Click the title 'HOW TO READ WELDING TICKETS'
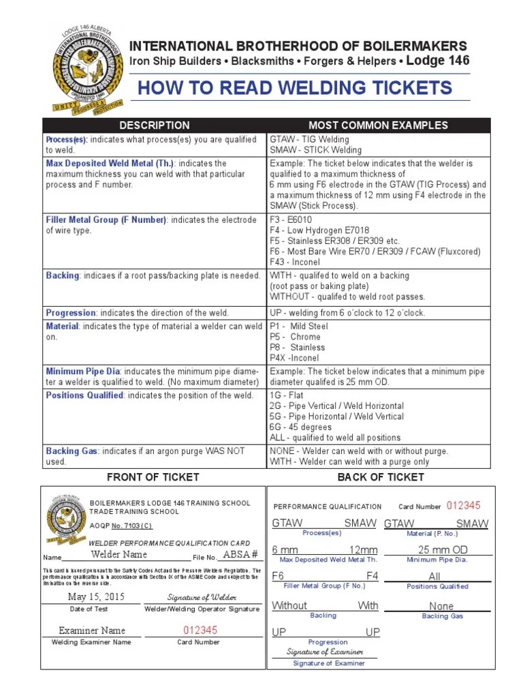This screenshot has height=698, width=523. tap(295, 88)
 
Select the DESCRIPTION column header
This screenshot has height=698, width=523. tap(155, 125)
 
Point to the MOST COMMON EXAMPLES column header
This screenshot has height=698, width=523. tap(378, 125)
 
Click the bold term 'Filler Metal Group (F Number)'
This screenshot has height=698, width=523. tap(106, 220)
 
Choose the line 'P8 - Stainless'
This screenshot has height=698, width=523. tap(298, 348)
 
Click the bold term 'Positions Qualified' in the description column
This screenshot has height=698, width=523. tap(84, 395)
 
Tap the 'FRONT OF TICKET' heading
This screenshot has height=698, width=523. tap(153, 477)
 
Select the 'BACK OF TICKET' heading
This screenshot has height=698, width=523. tap(381, 477)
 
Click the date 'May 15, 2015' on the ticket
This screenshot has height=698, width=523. tap(97, 597)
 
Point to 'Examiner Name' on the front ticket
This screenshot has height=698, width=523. tap(92, 631)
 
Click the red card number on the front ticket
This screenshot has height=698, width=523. tap(198, 631)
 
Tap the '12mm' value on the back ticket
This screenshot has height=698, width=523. tap(363, 550)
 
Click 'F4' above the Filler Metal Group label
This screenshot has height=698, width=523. tap(372, 576)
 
